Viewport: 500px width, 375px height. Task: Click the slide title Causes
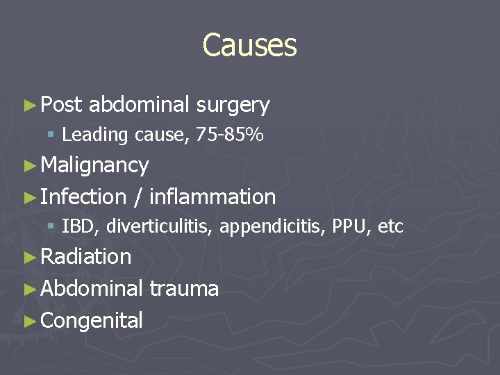pos(249,46)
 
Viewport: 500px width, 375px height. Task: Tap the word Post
pos(61,105)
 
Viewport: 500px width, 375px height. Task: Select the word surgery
pos(233,106)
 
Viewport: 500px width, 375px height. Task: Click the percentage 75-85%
pos(230,135)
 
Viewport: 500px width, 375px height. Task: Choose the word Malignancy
pos(95,165)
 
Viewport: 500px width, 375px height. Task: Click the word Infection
pos(83,197)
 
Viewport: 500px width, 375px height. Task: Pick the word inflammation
pos(212,197)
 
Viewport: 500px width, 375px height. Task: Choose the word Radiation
pos(86,257)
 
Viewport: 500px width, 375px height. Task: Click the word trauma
pos(184,288)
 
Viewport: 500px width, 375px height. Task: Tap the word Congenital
pos(92,320)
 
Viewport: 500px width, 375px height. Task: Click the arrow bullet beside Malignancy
pos(28,166)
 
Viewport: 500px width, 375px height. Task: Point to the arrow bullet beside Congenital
pos(28,321)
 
